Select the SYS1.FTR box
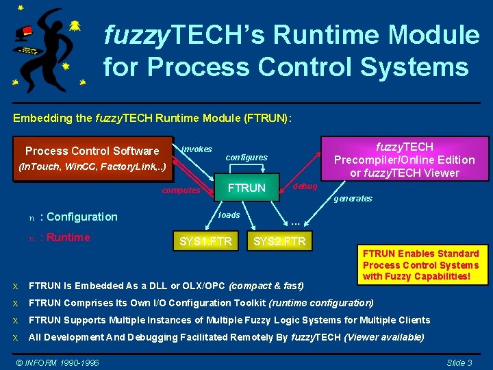pos(205,241)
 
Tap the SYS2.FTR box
pos(279,241)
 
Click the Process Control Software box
pos(92,157)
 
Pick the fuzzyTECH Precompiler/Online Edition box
pos(403,159)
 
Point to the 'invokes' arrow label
pos(197,149)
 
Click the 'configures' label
pos(246,158)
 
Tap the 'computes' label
pos(181,191)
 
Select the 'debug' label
pos(305,186)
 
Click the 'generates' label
pos(353,199)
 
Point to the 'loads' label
pos(229,215)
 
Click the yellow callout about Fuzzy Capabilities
pos(420,265)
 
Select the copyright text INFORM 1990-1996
pos(58,362)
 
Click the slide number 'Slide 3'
pos(459,362)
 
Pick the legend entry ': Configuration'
pos(79,217)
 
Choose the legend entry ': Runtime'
pos(65,238)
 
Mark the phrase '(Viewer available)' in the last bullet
pos(384,337)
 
